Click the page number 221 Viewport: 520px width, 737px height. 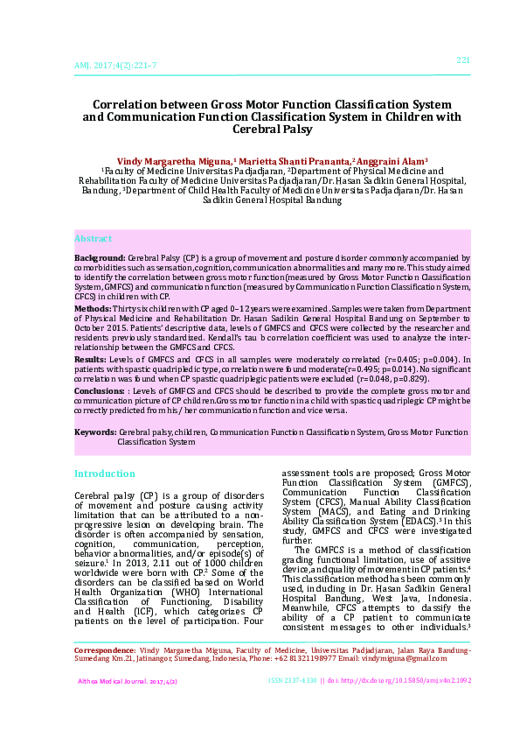point(463,60)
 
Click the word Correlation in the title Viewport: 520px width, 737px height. point(147,102)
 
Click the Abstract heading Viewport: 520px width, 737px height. point(93,238)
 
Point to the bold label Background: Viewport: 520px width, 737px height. point(100,259)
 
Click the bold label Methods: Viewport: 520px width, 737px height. point(93,309)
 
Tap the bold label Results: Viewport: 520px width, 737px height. point(90,359)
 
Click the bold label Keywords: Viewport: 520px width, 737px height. point(95,432)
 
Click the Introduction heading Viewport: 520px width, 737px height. point(104,474)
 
